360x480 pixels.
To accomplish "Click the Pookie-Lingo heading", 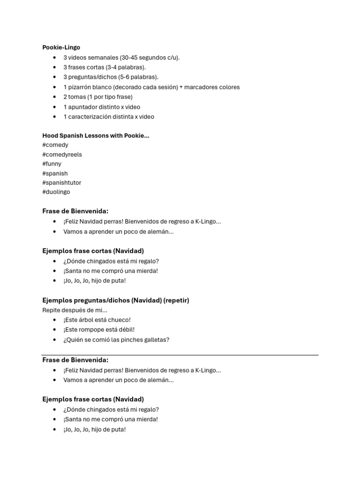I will [61, 47].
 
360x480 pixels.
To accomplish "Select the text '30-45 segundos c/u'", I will [150, 57].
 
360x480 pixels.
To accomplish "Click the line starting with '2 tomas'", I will [98, 97].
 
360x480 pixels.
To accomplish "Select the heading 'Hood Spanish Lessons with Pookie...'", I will [96, 135].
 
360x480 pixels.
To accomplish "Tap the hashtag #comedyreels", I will [62, 154].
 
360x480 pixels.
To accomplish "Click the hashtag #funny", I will [52, 164].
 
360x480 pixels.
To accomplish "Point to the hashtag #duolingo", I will [56, 192].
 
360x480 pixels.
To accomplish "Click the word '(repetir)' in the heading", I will [174, 300].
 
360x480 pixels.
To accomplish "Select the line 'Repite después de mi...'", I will [75, 310].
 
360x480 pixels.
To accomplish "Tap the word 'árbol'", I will [87, 320].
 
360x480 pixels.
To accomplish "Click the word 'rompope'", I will [91, 330].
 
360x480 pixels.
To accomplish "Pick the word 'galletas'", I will [156, 339].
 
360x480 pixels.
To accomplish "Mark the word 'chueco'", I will [119, 320].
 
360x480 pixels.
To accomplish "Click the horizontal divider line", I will [180, 355].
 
